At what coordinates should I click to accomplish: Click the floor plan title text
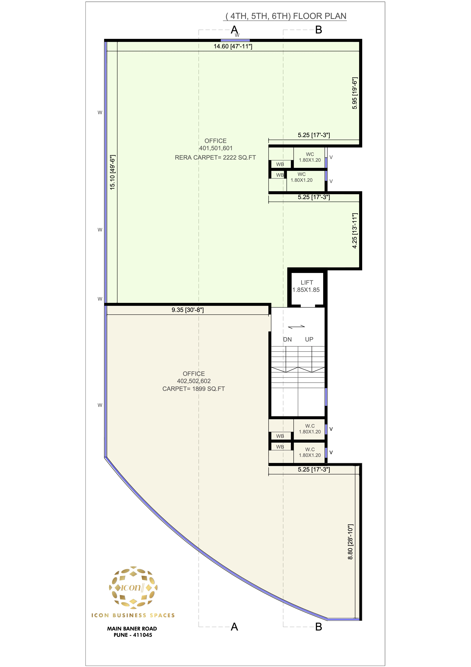[x=286, y=16]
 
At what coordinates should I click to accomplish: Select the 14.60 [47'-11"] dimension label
[x=233, y=46]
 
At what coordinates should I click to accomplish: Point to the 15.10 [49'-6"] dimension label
[x=113, y=173]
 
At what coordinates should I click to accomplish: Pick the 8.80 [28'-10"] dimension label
[x=350, y=542]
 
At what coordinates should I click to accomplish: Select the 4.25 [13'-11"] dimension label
[x=355, y=231]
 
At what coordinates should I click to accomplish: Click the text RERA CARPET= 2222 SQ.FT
[x=215, y=158]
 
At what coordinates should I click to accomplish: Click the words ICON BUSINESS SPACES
[x=133, y=615]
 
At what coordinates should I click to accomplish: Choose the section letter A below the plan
[x=234, y=627]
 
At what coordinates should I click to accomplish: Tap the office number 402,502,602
[x=194, y=381]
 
